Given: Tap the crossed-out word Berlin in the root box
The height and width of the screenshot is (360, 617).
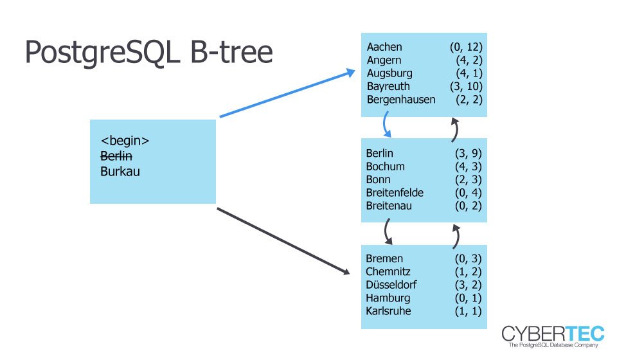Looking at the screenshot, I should [116, 156].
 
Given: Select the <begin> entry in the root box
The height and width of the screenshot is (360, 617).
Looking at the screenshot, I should [125, 141].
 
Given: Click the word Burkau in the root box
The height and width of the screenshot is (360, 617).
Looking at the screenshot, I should [120, 172].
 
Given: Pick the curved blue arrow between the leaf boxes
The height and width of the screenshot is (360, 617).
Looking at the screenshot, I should [386, 124].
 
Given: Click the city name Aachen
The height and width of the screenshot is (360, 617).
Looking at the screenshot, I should [384, 47].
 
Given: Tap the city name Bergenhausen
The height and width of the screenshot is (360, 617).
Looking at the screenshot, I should [401, 100].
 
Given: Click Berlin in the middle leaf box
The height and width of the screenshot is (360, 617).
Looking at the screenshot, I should [379, 153].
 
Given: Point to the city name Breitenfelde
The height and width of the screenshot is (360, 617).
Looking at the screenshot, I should [395, 193].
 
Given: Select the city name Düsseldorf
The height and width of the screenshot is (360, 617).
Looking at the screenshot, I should [392, 285].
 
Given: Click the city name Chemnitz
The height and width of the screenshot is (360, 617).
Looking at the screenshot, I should [388, 272].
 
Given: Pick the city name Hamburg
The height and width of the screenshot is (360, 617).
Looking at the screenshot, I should [388, 298].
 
